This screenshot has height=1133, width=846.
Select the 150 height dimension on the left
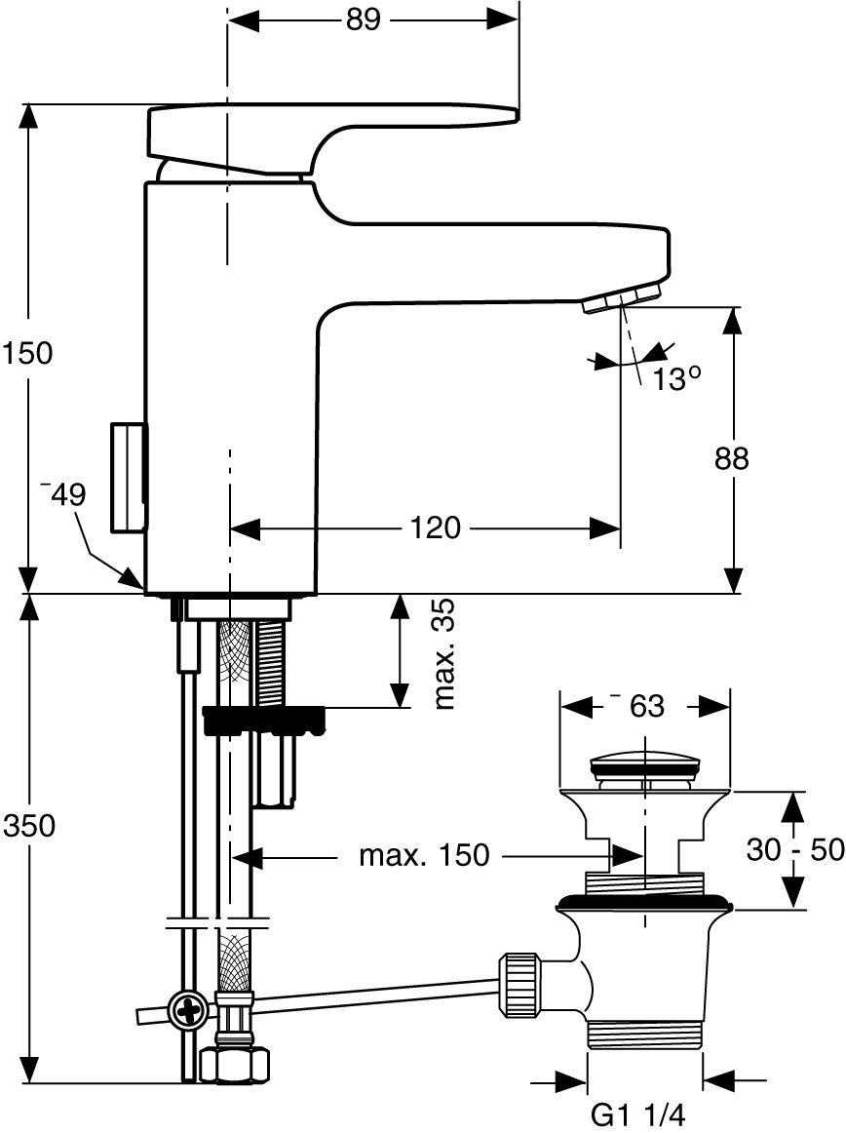click(x=27, y=353)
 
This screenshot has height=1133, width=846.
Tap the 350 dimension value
click(x=29, y=825)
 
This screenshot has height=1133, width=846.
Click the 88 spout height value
click(x=732, y=459)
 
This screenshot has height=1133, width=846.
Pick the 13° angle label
click(x=677, y=378)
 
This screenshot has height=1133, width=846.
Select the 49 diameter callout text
click(x=65, y=495)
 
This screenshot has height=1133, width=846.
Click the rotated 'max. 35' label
click(x=445, y=653)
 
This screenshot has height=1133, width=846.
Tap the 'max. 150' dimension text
click(x=425, y=855)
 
